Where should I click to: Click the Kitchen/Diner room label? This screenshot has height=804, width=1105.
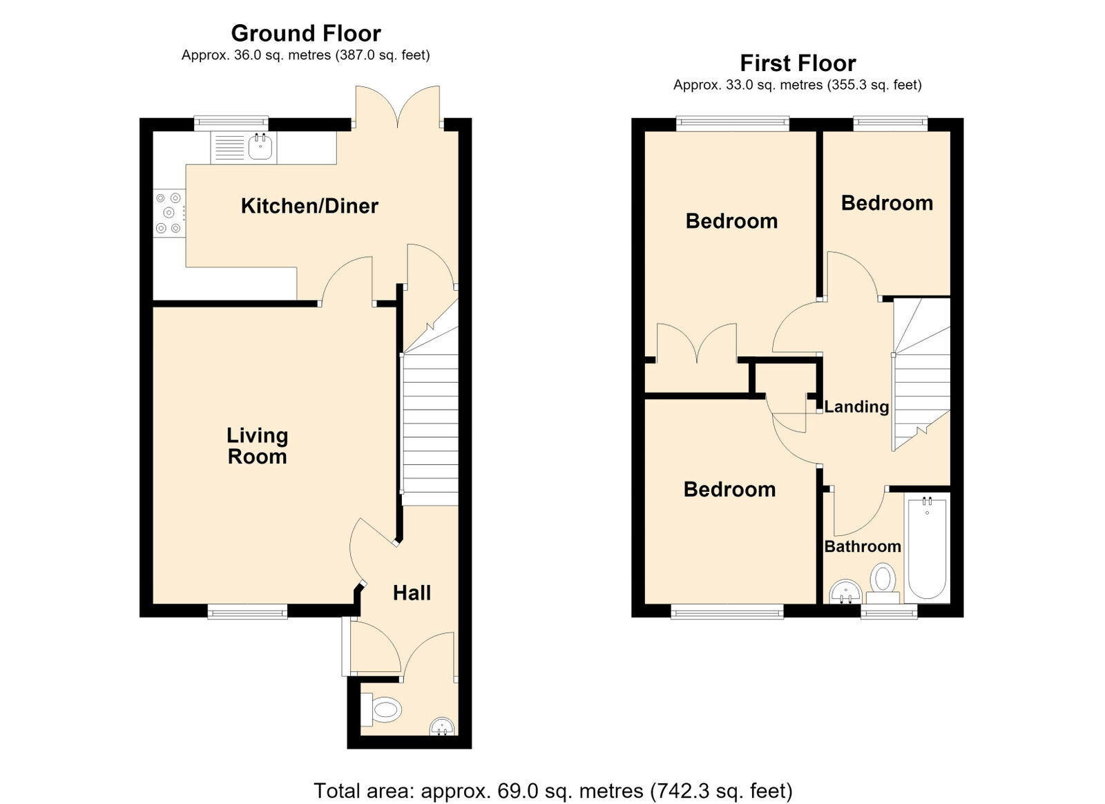point(309,206)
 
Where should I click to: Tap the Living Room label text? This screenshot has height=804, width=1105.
point(257,446)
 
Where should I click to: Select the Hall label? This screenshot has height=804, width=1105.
point(412,593)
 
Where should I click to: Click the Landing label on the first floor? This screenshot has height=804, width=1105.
point(856,407)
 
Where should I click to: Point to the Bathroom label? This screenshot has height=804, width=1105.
point(863,546)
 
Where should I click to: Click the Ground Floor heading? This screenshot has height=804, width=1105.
point(306,34)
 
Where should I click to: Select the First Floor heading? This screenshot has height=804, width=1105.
point(798,64)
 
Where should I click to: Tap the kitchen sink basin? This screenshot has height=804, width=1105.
point(260,147)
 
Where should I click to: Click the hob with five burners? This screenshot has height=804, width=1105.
point(169,213)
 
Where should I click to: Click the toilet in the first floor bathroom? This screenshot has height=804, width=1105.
point(883,584)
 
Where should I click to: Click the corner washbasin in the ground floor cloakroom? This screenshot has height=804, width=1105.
point(443,727)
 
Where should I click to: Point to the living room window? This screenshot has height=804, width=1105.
point(247,612)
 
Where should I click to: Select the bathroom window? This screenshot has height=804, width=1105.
point(890,612)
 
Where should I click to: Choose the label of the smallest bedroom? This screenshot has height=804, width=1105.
point(887,203)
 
